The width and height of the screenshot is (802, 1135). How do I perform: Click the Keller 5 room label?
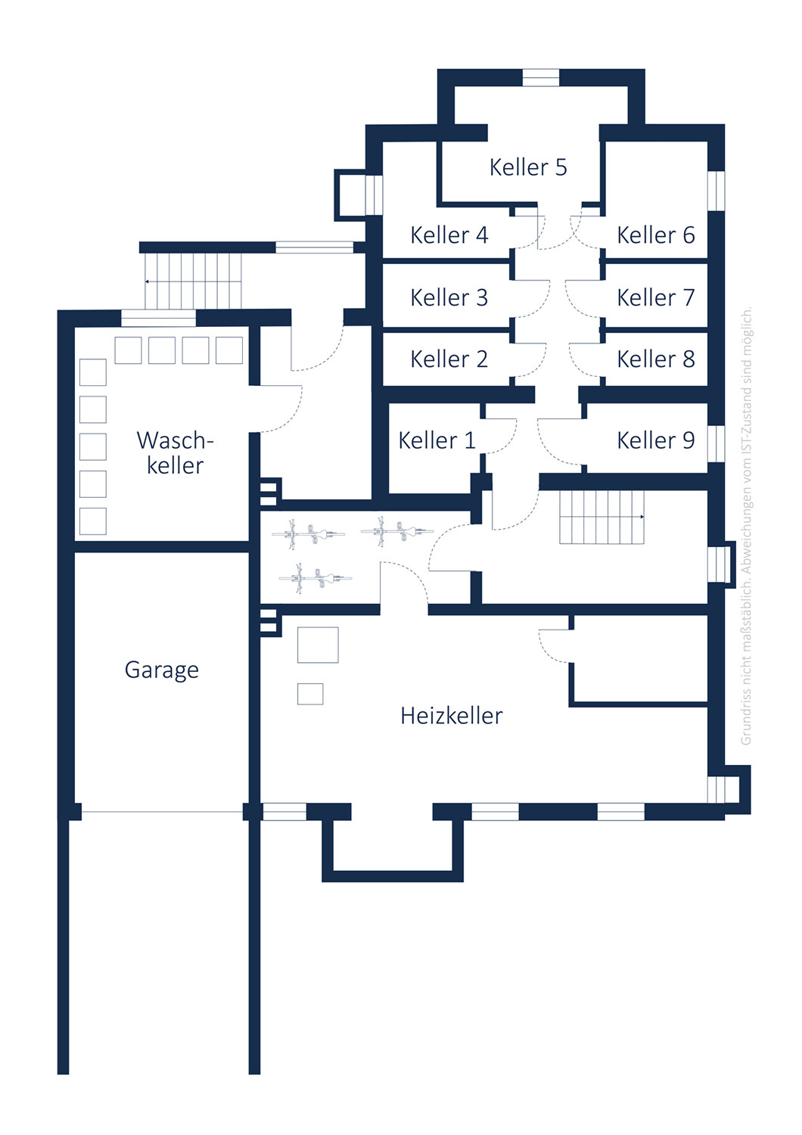[x=528, y=167]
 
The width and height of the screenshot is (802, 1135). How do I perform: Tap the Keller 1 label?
[x=437, y=440]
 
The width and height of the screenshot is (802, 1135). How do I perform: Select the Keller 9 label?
[x=655, y=440]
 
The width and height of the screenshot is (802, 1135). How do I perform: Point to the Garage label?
[x=162, y=670]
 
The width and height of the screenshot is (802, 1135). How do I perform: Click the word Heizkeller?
[x=452, y=716]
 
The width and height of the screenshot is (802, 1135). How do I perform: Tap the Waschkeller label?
[x=176, y=453]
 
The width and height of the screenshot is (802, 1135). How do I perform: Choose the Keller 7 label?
[x=655, y=297]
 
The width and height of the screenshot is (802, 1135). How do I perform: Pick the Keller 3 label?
[x=449, y=297]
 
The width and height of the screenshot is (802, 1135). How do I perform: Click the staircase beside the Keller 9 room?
[x=601, y=517]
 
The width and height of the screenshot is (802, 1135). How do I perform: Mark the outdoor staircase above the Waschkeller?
[x=193, y=281]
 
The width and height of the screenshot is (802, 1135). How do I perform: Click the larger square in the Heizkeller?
[x=318, y=645]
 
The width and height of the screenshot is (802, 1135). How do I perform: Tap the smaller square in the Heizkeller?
[x=310, y=694]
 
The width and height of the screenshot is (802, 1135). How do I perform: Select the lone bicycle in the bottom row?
[x=316, y=578]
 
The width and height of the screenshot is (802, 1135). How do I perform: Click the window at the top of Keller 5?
[x=540, y=77]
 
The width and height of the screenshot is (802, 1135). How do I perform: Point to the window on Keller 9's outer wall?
[x=716, y=443]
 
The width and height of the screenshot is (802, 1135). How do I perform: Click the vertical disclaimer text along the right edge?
[x=746, y=525]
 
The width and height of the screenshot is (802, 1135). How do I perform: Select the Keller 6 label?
[x=655, y=235]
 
